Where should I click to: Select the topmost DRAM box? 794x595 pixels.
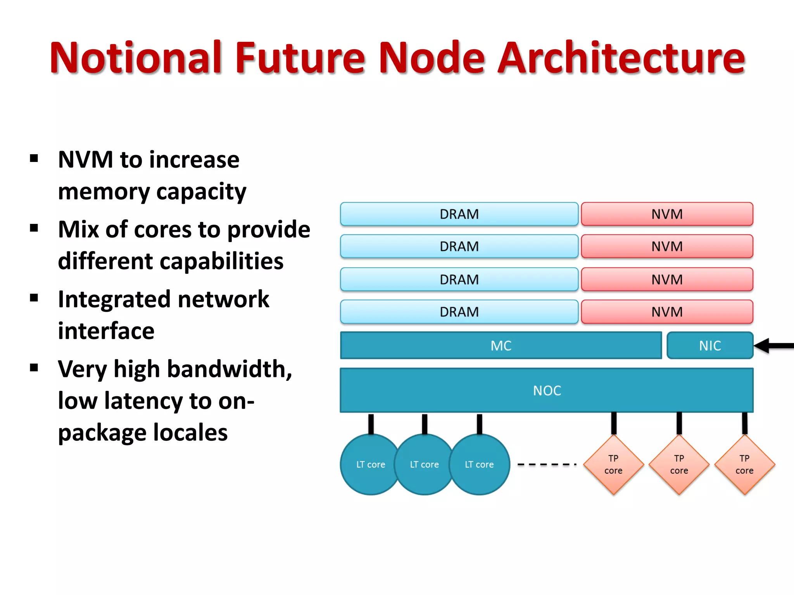point(459,214)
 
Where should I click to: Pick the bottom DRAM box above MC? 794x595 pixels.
point(459,311)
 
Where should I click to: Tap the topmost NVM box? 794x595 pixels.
point(667,214)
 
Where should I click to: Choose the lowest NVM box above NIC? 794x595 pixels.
point(667,311)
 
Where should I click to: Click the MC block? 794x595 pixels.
point(501,346)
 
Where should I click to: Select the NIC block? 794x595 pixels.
point(710,346)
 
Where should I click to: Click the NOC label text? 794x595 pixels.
point(547,390)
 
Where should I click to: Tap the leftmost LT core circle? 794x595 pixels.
point(370,464)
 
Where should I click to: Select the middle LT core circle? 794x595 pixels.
point(424,464)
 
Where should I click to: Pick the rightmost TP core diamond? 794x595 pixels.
point(744,464)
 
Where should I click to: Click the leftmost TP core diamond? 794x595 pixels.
point(613,464)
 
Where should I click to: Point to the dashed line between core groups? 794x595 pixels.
point(547,464)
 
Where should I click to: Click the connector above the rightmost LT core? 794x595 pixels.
point(480,424)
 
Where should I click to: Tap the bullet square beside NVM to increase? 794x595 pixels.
point(34,158)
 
